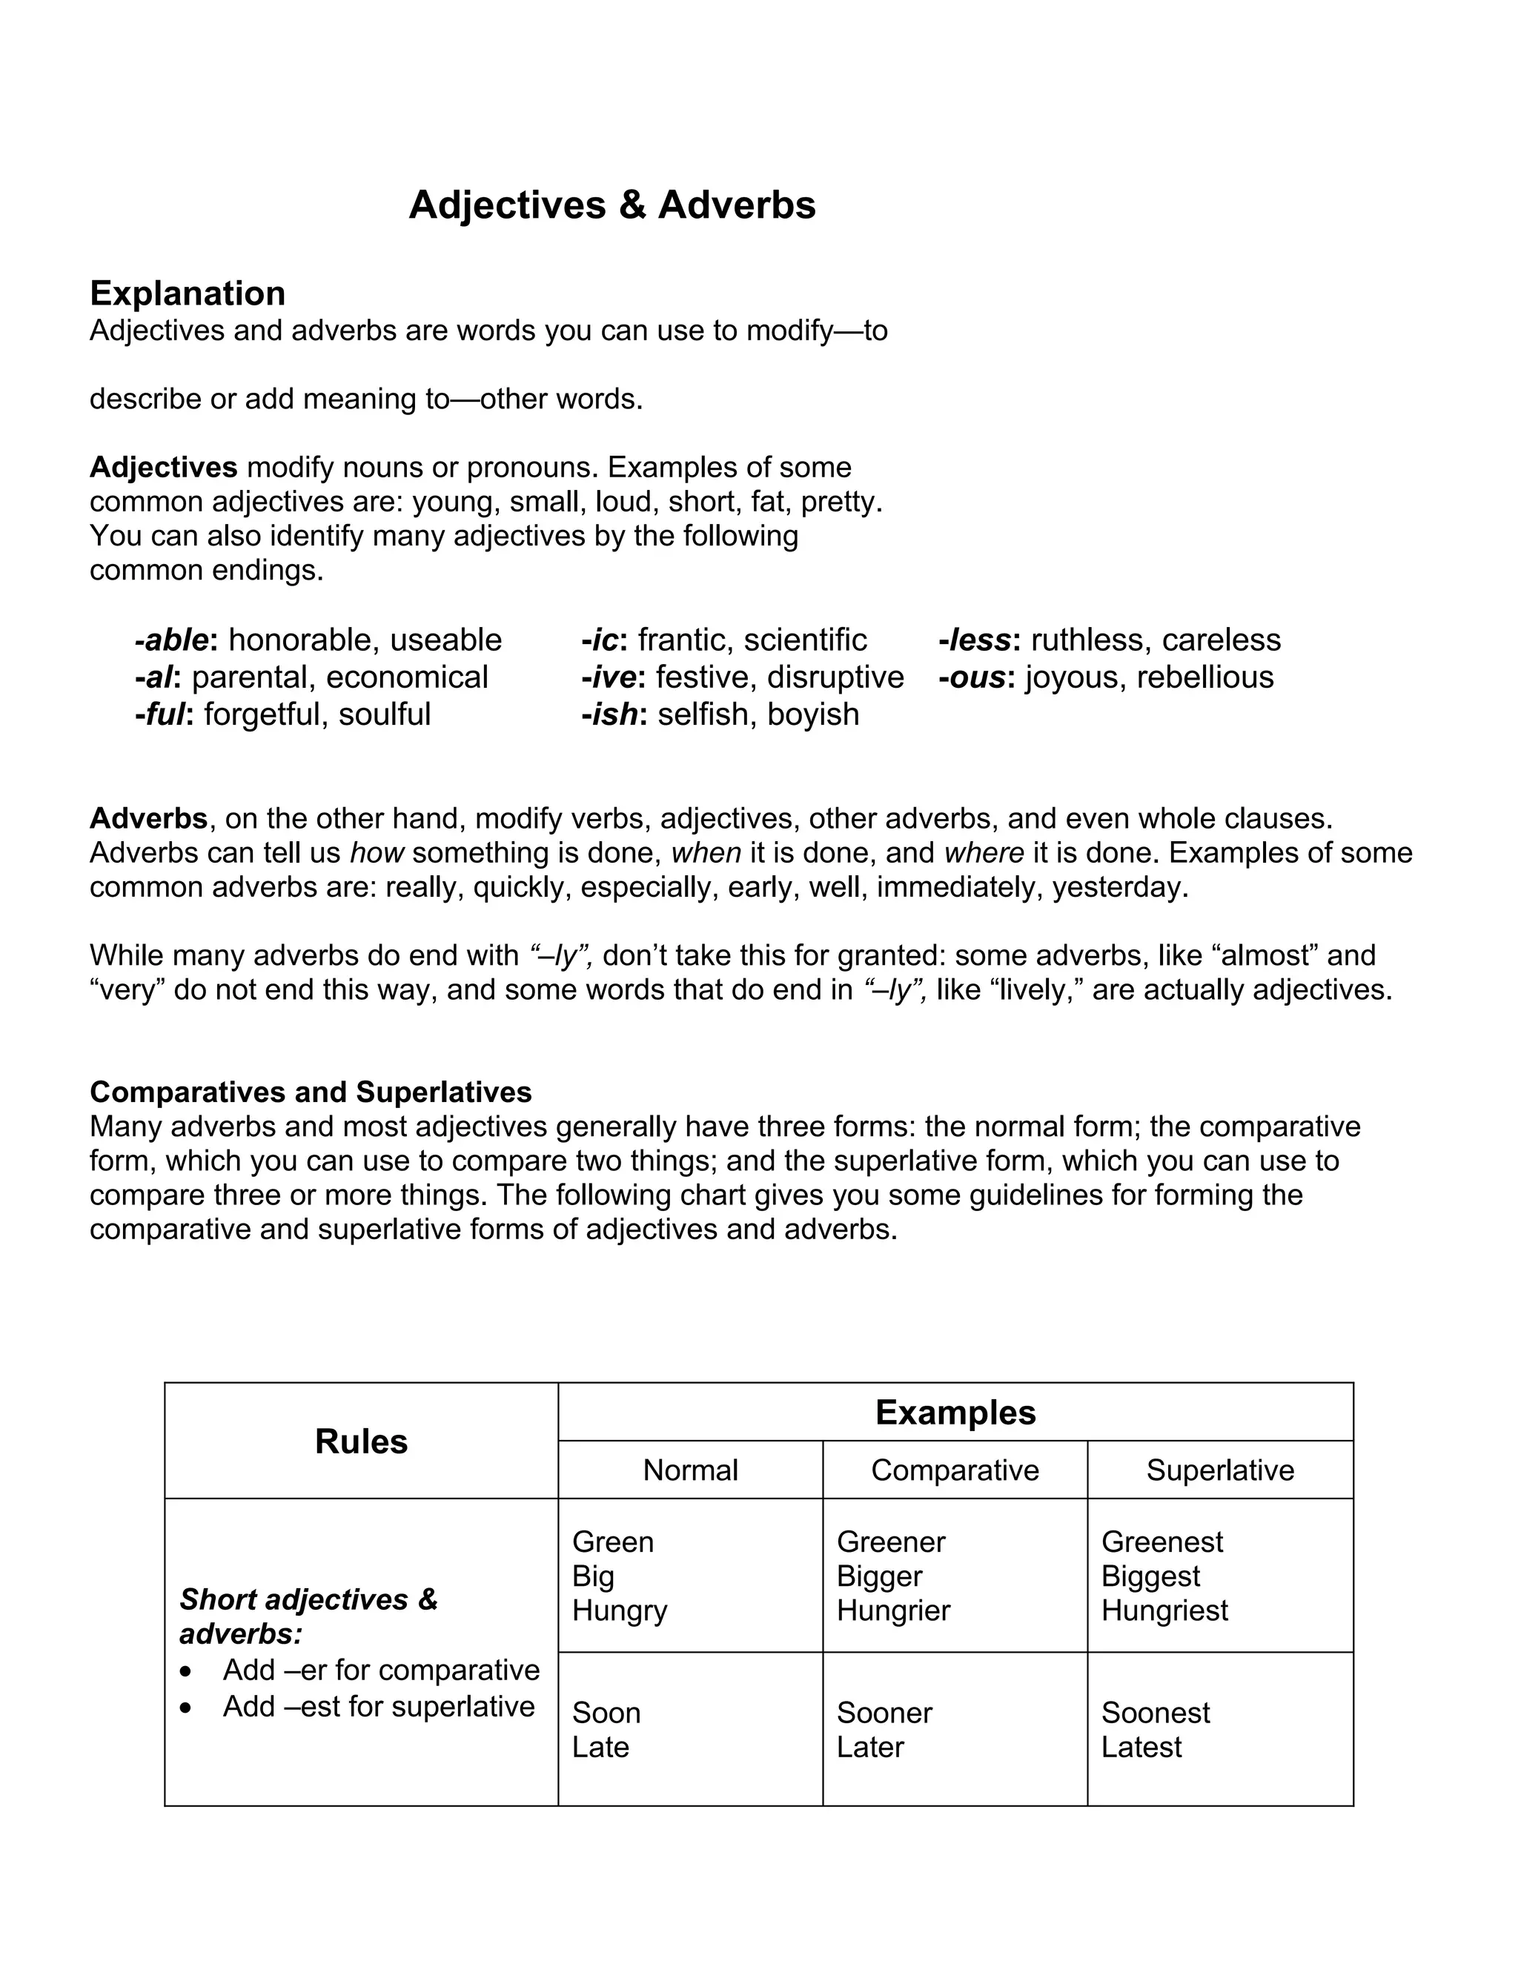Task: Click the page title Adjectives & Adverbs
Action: pyautogui.click(x=611, y=205)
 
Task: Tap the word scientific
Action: pyautogui.click(x=805, y=640)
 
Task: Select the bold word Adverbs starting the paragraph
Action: pyautogui.click(x=148, y=818)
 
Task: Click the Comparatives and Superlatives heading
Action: pyautogui.click(x=311, y=1092)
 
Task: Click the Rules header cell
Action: pyautogui.click(x=361, y=1442)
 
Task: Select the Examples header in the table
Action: pyautogui.click(x=955, y=1413)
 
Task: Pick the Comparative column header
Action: pyautogui.click(x=954, y=1470)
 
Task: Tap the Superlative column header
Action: pyautogui.click(x=1219, y=1470)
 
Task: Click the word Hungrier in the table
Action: pyautogui.click(x=893, y=1610)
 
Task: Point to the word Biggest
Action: pyautogui.click(x=1150, y=1576)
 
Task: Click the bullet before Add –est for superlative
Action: pyautogui.click(x=185, y=1708)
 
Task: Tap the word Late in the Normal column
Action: pyautogui.click(x=600, y=1748)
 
